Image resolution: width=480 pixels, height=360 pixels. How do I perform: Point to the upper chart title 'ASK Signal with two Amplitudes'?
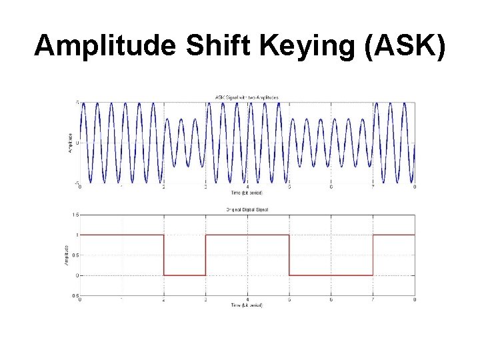[247, 97]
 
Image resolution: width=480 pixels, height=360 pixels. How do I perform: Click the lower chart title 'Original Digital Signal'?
[247, 210]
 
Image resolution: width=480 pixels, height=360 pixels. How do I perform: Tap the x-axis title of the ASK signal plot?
[247, 193]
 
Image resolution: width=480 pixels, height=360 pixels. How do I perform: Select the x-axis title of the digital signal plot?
[247, 305]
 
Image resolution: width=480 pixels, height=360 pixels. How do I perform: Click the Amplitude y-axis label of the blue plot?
[70, 143]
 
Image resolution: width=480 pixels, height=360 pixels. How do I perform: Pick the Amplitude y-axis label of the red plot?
[67, 255]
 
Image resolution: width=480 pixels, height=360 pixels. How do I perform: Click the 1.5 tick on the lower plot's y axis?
[75, 215]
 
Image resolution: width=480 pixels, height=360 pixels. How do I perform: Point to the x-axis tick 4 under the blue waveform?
[247, 187]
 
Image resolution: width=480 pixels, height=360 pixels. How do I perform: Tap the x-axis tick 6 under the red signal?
[331, 300]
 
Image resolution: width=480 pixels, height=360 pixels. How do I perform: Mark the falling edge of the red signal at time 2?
[164, 255]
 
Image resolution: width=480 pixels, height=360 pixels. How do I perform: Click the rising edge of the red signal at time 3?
[206, 255]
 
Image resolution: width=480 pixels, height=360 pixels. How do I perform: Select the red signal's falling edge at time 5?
[289, 255]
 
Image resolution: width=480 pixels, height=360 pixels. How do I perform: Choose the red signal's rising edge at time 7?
[373, 255]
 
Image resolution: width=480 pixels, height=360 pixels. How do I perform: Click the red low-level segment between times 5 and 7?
[331, 275]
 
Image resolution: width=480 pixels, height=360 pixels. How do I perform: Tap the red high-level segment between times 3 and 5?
[247, 235]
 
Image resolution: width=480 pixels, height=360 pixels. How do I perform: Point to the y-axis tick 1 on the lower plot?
[77, 235]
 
